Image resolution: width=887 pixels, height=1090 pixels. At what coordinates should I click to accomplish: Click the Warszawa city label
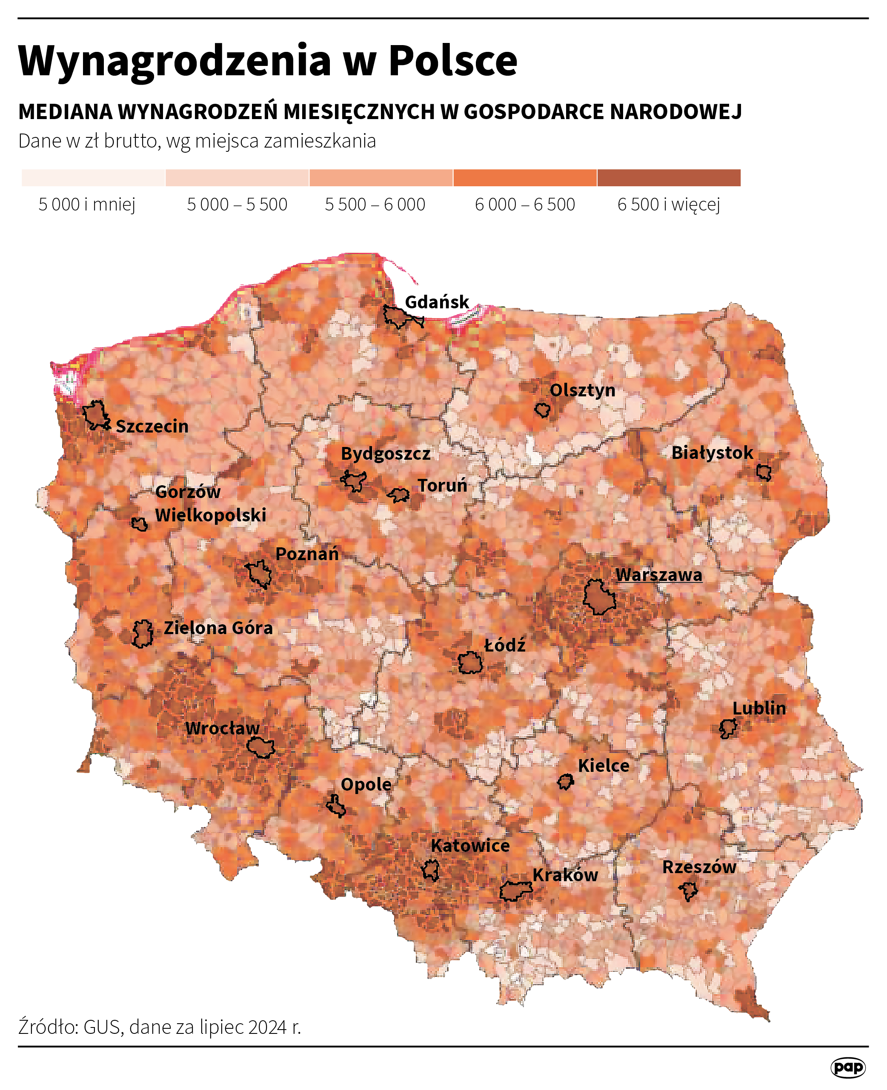point(658,575)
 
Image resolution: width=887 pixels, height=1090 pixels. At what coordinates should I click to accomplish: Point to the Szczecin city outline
point(95,415)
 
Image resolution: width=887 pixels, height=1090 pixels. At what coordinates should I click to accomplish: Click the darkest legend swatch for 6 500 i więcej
point(668,178)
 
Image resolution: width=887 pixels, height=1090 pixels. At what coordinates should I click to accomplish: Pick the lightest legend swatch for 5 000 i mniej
point(94,178)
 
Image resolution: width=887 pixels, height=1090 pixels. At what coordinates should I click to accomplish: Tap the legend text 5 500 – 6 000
point(375,204)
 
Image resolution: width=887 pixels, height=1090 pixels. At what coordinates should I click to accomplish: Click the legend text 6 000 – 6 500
point(525,204)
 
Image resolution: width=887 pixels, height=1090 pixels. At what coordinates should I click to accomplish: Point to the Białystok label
point(712,453)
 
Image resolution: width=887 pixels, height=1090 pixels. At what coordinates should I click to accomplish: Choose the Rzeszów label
point(698,866)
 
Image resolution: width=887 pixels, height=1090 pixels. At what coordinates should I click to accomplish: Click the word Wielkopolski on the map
point(211,515)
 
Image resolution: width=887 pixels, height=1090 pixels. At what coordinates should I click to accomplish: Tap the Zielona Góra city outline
point(143,634)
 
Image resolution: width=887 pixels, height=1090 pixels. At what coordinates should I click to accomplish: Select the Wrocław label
point(222,728)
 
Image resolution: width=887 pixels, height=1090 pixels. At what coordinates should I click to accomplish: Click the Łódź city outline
point(469,663)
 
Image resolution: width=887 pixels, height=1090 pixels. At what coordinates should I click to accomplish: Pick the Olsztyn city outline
point(542,410)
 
